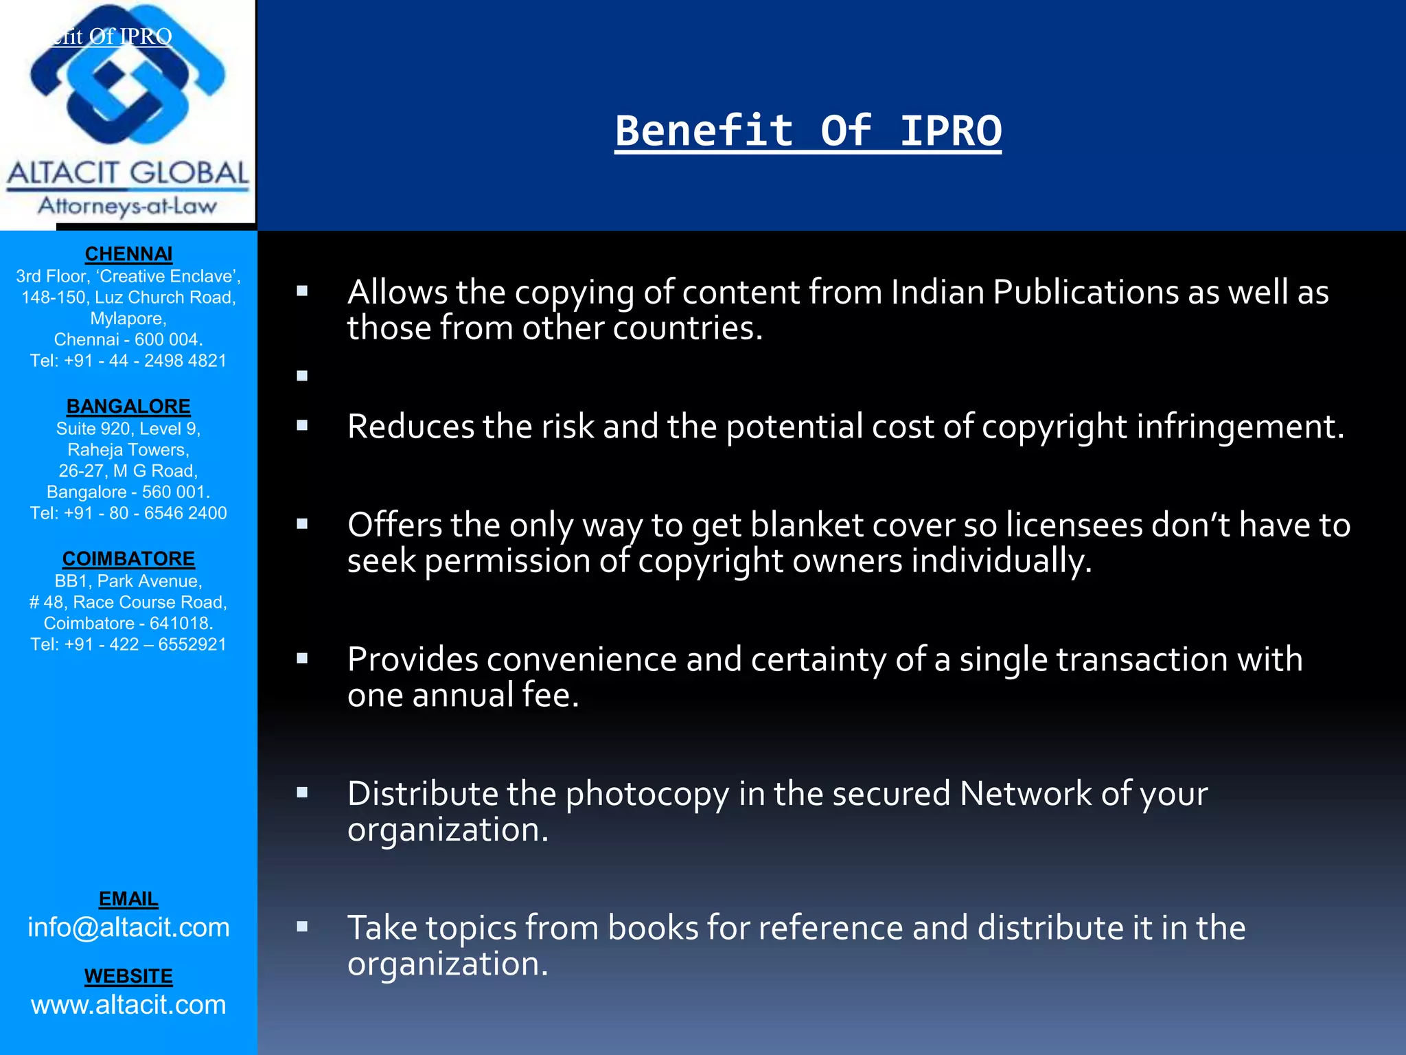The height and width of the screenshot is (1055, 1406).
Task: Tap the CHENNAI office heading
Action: [128, 254]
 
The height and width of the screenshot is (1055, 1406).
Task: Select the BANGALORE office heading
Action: [128, 407]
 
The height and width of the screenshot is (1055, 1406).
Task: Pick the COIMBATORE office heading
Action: [128, 559]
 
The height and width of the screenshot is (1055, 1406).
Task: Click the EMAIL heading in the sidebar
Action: [128, 899]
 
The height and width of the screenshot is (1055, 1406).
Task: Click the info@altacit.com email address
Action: [128, 928]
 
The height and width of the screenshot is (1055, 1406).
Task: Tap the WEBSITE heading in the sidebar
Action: [128, 976]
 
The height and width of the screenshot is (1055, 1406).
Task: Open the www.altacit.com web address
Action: [128, 1005]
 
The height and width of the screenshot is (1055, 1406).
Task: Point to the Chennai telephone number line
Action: [128, 361]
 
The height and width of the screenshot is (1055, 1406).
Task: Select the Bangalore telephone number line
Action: [128, 513]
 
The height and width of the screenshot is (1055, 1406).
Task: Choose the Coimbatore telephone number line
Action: [128, 644]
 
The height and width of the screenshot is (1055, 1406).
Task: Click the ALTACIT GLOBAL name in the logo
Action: [128, 173]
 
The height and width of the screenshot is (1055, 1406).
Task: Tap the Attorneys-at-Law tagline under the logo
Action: [128, 206]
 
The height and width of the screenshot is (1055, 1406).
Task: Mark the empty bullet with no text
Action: [302, 376]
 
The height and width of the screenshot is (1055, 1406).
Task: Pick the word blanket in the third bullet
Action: [796, 525]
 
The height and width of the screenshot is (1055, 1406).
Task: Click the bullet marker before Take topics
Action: [302, 927]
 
